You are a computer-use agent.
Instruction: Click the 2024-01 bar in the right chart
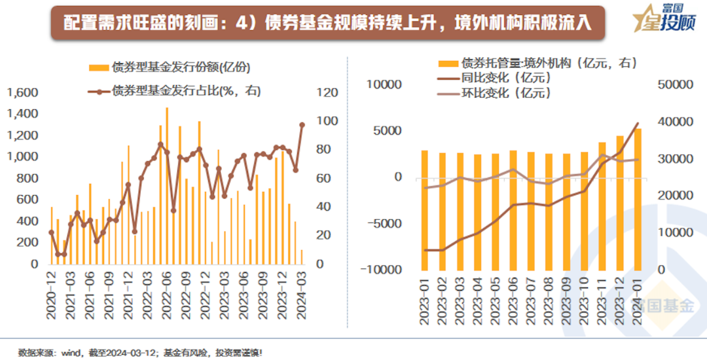coord(638,200)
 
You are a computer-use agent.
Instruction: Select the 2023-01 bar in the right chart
coord(425,210)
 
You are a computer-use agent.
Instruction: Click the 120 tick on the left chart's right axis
coord(327,93)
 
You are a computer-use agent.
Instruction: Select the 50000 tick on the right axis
coord(674,85)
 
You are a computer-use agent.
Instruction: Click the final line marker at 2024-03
coord(302,124)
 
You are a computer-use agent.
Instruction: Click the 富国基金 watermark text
coord(661,305)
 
